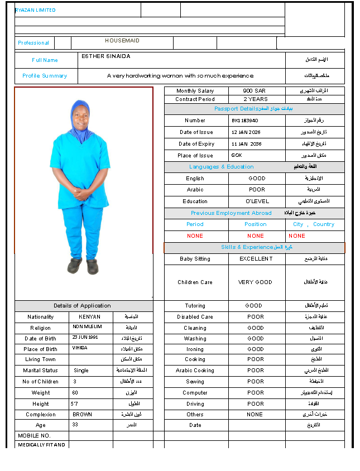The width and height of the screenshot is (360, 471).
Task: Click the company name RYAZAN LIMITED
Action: pos(35,10)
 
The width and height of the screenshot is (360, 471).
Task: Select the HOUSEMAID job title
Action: pos(122,41)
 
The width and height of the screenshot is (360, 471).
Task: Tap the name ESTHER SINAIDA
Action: pos(106,56)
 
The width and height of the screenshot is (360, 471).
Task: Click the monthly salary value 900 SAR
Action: pos(255,90)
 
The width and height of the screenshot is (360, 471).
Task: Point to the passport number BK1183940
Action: pos(244,121)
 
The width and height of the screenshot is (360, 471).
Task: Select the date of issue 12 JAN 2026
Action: pos(246,132)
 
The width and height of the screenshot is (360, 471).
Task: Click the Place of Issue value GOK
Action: pos(237,156)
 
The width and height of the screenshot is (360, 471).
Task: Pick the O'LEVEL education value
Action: pos(257,201)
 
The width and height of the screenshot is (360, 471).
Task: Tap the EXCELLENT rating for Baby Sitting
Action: pos(256,259)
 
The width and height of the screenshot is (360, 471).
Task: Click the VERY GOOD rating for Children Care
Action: pos(255,282)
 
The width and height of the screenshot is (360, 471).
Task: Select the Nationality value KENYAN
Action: pos(89,317)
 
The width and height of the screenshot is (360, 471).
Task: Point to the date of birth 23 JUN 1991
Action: pos(85,338)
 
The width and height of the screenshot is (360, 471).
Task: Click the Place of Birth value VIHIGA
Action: pos(80,348)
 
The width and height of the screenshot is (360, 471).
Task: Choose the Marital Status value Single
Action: pos(81,371)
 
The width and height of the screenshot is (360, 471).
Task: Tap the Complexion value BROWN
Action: pos(82,415)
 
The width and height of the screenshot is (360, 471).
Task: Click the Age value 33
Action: pos(76,425)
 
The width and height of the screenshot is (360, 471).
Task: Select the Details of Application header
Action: pos(82,306)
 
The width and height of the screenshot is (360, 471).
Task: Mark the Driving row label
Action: pos(195,404)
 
